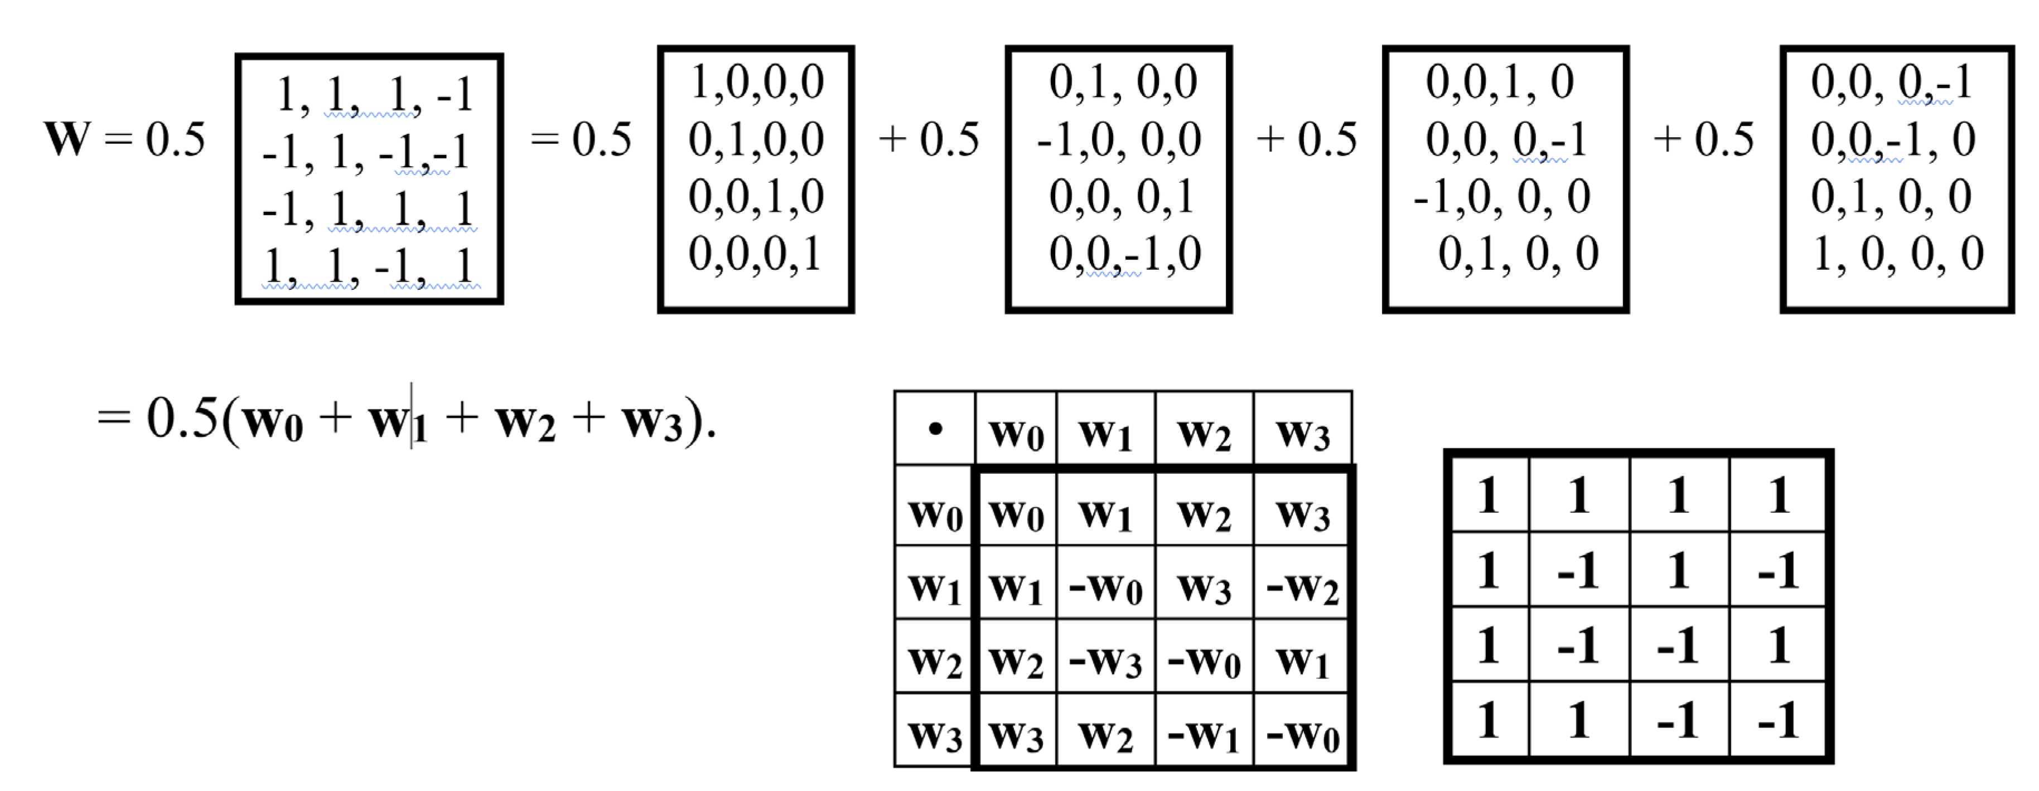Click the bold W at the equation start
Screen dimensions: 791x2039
click(x=67, y=139)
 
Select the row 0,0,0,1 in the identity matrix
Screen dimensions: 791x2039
click(x=755, y=254)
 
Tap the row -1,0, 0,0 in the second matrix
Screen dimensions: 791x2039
click(x=1118, y=140)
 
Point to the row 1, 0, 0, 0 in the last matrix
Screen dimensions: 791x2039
click(x=1897, y=254)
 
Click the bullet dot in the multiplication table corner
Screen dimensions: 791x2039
click(x=935, y=429)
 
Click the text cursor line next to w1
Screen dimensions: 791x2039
click(x=411, y=415)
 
